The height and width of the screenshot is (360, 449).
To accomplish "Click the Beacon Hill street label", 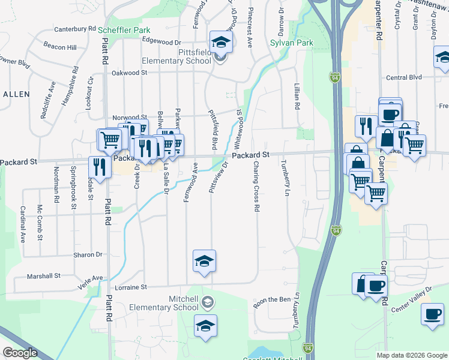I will [61, 47].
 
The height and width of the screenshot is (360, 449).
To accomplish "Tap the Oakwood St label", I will [129, 73].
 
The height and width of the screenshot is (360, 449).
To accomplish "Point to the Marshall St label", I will [45, 277].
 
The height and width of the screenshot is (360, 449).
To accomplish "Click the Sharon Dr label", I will [88, 255].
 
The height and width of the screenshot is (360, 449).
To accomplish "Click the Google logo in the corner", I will [20, 353].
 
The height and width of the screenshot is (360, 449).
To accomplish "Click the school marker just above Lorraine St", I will [204, 261].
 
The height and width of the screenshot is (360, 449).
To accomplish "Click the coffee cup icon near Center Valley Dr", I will [432, 314].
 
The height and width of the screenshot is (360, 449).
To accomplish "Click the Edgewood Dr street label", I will [161, 43].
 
